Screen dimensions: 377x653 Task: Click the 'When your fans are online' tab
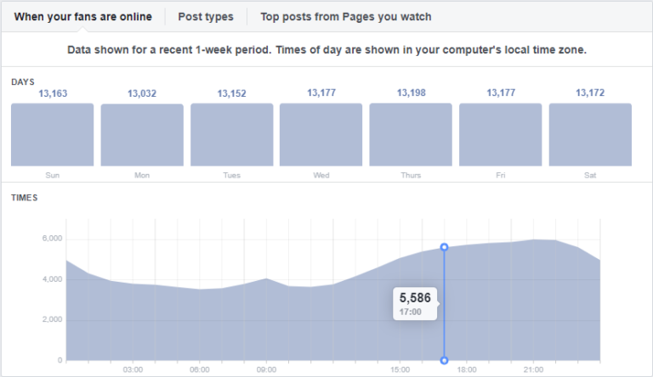tap(83, 16)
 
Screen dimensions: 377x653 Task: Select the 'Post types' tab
tap(206, 16)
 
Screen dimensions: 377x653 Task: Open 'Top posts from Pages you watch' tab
tap(346, 16)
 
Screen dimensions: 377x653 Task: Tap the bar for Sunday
tap(53, 135)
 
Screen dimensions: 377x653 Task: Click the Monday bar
tap(142, 135)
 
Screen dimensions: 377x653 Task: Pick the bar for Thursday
tap(411, 135)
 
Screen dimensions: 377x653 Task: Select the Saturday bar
tap(590, 135)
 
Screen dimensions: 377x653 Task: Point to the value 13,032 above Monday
tap(142, 93)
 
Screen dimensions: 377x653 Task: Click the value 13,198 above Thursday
tap(411, 93)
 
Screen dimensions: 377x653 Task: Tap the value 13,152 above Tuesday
tap(231, 93)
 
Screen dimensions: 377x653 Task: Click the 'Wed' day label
tap(321, 175)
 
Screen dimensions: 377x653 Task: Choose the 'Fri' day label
tap(500, 175)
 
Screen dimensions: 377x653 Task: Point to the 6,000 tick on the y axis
tap(52, 239)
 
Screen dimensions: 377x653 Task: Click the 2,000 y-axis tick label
tap(52, 319)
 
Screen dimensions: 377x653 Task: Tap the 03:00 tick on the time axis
tap(133, 369)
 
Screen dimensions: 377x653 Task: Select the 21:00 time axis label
tap(533, 369)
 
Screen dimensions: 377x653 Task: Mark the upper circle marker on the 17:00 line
tap(444, 247)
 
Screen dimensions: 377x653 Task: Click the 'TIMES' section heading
tap(24, 198)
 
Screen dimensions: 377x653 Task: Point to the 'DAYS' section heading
tap(23, 82)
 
